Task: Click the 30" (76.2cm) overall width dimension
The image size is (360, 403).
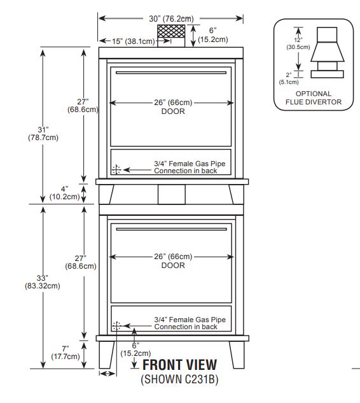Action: click(x=171, y=18)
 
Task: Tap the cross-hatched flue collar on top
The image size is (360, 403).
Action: click(x=171, y=31)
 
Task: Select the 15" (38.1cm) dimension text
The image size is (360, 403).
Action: click(x=134, y=41)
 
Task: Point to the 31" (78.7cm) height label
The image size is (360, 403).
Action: click(x=43, y=134)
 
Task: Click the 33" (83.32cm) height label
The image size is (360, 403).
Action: click(x=43, y=282)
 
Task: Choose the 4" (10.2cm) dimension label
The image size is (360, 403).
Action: click(x=64, y=193)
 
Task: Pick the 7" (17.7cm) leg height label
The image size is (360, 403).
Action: click(x=66, y=353)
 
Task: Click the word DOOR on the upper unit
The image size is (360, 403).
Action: click(x=173, y=111)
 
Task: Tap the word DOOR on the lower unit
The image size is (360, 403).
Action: click(x=173, y=265)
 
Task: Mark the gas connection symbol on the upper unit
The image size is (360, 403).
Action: click(x=116, y=169)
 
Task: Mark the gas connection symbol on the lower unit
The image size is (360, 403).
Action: click(x=116, y=326)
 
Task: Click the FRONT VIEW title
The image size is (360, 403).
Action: click(x=180, y=365)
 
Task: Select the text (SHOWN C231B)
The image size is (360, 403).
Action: click(x=179, y=379)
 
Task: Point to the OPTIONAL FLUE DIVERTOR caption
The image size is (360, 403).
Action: click(x=314, y=98)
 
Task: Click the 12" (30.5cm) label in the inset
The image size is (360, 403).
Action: click(x=298, y=44)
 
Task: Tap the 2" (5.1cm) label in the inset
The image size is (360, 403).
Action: click(x=289, y=79)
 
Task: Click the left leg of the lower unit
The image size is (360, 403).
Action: click(x=107, y=355)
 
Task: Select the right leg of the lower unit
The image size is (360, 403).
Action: click(x=237, y=355)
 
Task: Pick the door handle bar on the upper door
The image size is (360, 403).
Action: click(x=171, y=73)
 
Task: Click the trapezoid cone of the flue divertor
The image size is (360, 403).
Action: click(x=327, y=52)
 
